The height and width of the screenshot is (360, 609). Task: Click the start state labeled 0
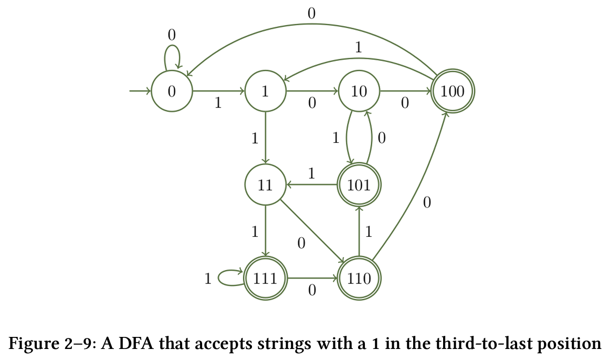(x=172, y=91)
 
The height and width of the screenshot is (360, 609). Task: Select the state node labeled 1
(x=265, y=91)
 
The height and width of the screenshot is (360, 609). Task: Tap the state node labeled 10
(x=359, y=91)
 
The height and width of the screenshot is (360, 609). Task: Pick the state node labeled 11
(x=265, y=185)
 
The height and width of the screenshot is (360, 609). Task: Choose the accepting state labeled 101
(x=359, y=185)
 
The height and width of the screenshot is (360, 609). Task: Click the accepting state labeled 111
(x=265, y=278)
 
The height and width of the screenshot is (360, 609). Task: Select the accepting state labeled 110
(x=359, y=278)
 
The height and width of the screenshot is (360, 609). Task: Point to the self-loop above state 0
(x=172, y=52)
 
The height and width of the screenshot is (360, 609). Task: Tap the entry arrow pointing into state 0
(x=140, y=91)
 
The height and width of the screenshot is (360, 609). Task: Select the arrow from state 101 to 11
(x=312, y=185)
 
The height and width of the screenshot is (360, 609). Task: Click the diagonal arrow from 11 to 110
(x=312, y=231)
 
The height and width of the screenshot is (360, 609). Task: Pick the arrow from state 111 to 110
(x=312, y=278)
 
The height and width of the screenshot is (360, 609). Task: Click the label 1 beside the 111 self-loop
(x=208, y=279)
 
